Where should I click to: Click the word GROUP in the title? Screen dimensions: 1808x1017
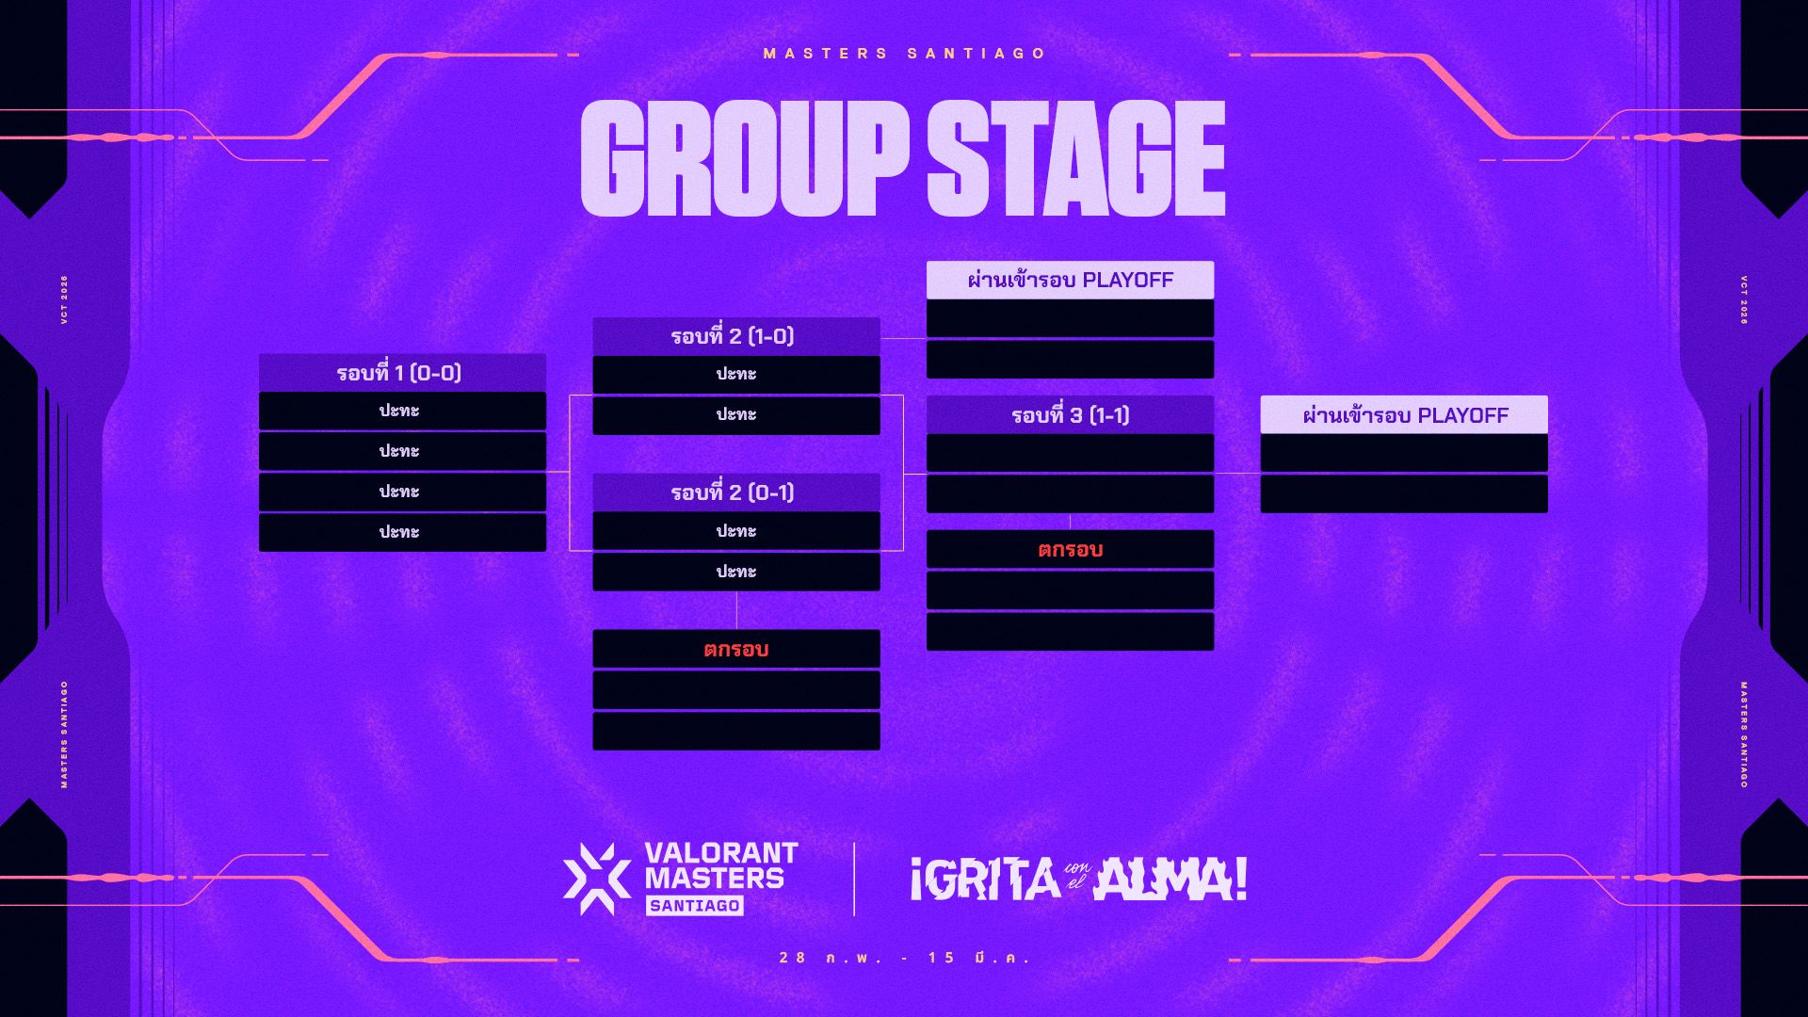pyautogui.click(x=744, y=158)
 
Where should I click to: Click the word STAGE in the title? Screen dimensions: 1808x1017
pyautogui.click(x=1076, y=158)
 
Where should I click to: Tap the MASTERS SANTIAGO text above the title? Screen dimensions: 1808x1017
pyautogui.click(x=905, y=54)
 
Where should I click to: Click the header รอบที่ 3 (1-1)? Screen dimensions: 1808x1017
pyautogui.click(x=1070, y=415)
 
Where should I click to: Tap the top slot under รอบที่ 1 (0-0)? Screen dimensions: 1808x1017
pyautogui.click(x=402, y=412)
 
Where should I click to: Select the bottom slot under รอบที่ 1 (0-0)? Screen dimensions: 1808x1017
pyautogui.click(x=402, y=533)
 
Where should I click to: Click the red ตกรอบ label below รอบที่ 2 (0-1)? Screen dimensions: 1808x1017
pyautogui.click(x=736, y=650)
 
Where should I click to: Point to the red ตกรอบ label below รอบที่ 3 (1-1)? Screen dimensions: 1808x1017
pyautogui.click(x=1070, y=550)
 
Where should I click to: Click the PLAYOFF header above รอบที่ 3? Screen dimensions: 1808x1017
pyautogui.click(x=1070, y=280)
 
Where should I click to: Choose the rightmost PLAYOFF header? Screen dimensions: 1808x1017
pyautogui.click(x=1404, y=415)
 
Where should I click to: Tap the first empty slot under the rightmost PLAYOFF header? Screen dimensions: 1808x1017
pyautogui.click(x=1404, y=453)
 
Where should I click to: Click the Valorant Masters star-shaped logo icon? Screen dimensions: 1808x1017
pyautogui.click(x=596, y=879)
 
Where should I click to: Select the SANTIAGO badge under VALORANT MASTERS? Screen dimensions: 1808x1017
pyautogui.click(x=695, y=906)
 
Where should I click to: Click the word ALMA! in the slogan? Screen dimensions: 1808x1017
pyautogui.click(x=1170, y=880)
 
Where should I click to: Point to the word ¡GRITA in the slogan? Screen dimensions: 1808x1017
pyautogui.click(x=985, y=880)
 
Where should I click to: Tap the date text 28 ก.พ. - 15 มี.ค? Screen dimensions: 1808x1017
pyautogui.click(x=905, y=958)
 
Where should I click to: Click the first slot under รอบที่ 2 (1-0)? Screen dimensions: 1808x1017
pyautogui.click(x=736, y=375)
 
